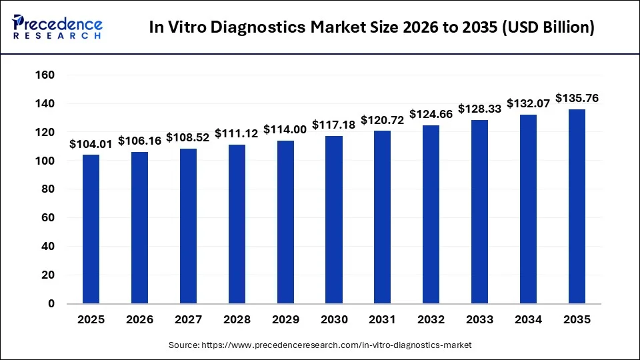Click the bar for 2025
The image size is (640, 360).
coord(91,229)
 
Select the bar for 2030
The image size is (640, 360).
coord(334,220)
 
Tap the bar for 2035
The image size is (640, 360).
coord(577,207)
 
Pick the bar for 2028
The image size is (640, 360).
coord(237,224)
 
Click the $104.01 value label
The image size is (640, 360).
coord(91,144)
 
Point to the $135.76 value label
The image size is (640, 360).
coord(577,99)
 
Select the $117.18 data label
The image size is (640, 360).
coord(334,125)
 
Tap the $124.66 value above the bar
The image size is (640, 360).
coord(431,114)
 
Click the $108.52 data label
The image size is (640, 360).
coord(188,137)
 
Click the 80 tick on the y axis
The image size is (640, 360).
coord(47,189)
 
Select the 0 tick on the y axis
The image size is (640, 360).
coord(51,303)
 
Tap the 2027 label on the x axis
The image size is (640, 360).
coord(188,320)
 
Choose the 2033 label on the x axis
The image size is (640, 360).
coord(480,320)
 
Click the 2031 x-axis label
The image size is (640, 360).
coord(383,320)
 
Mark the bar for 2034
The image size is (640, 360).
coord(529,209)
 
